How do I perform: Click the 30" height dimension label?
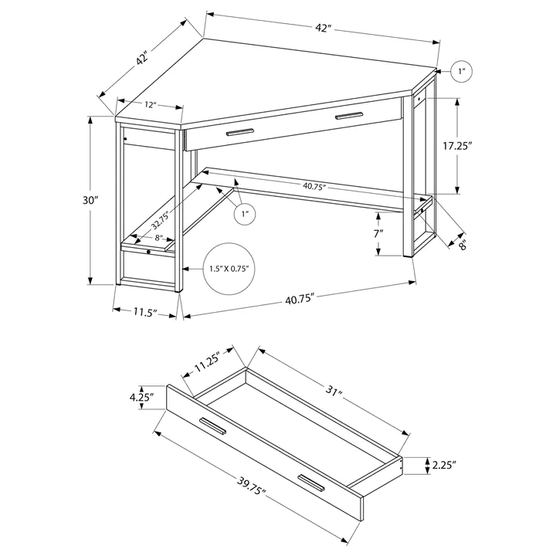92,200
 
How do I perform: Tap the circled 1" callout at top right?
461,72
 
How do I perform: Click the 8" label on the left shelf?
158,238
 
